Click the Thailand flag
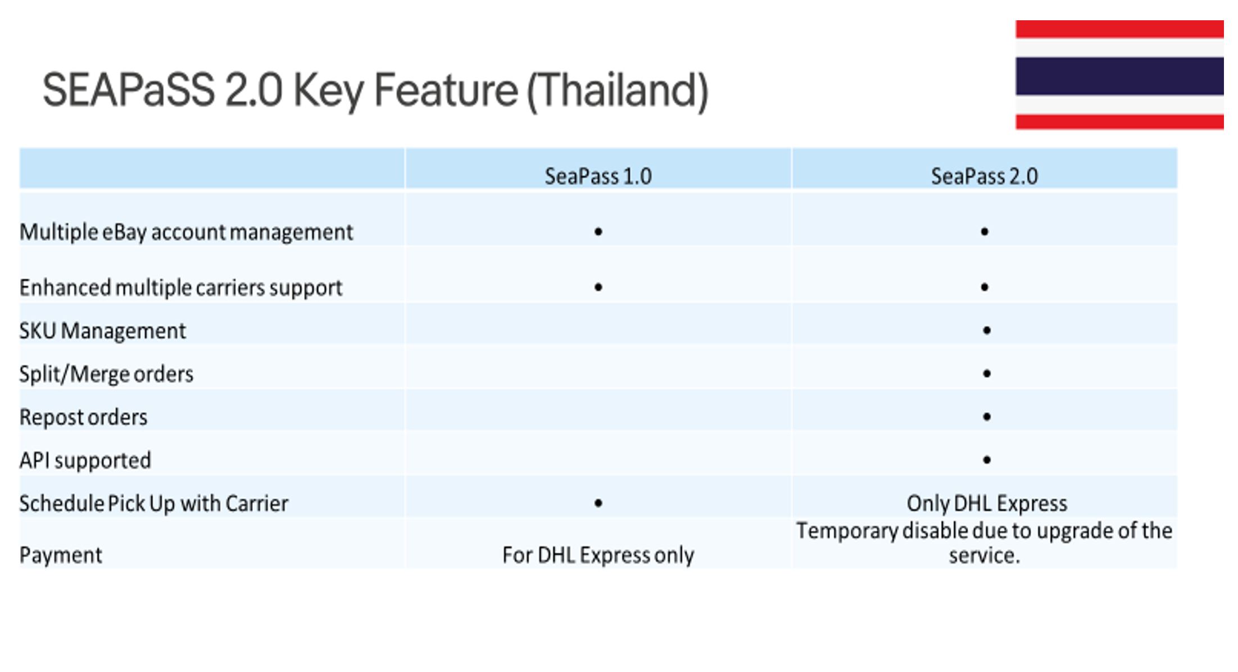coord(1119,75)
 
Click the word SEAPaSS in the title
coord(129,90)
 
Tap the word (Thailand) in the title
coord(617,91)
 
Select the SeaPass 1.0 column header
coord(598,176)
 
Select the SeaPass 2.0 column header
coord(984,176)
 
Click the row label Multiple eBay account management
coord(186,232)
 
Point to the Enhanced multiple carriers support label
coord(181,287)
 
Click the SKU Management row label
coord(102,331)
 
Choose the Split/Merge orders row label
coord(106,374)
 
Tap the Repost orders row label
coord(83,417)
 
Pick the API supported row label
coord(85,461)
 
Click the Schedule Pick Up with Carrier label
coord(154,503)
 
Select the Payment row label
coord(61,555)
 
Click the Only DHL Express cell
coord(987,503)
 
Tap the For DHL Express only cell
coord(598,555)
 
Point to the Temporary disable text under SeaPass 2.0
coord(984,543)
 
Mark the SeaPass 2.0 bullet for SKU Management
coord(987,330)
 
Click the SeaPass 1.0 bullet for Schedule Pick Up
coord(598,503)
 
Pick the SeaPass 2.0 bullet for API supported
coord(987,459)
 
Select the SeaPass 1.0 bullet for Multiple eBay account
coord(598,231)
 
